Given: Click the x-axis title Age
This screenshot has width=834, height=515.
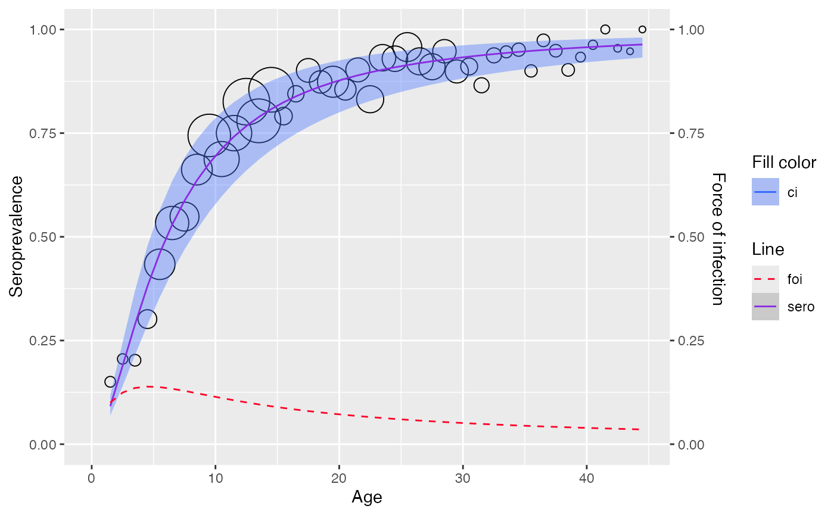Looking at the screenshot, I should pos(367,497).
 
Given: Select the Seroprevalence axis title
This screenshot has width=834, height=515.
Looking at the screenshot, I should pos(16,236).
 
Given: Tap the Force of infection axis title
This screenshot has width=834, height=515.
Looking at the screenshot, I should pos(719,239).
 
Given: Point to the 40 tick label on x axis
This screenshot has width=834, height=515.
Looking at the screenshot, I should pos(587,479).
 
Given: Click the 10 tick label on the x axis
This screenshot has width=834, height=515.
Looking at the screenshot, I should pos(216,479).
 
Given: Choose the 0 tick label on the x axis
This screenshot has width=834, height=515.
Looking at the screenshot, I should pos(92,479).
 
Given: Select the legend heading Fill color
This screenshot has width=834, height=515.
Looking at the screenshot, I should pos(784,163).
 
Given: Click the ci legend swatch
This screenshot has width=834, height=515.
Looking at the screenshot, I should pos(765,192).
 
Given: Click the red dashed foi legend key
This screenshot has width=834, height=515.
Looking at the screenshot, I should pos(765,279).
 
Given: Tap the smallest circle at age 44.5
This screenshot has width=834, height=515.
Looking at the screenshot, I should pos(642,30).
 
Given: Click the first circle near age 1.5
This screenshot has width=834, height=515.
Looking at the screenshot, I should pos(110,382).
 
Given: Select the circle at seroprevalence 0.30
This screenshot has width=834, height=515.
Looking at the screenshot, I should pos(147,319).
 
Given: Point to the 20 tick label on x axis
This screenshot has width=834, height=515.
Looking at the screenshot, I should pos(339,479).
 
